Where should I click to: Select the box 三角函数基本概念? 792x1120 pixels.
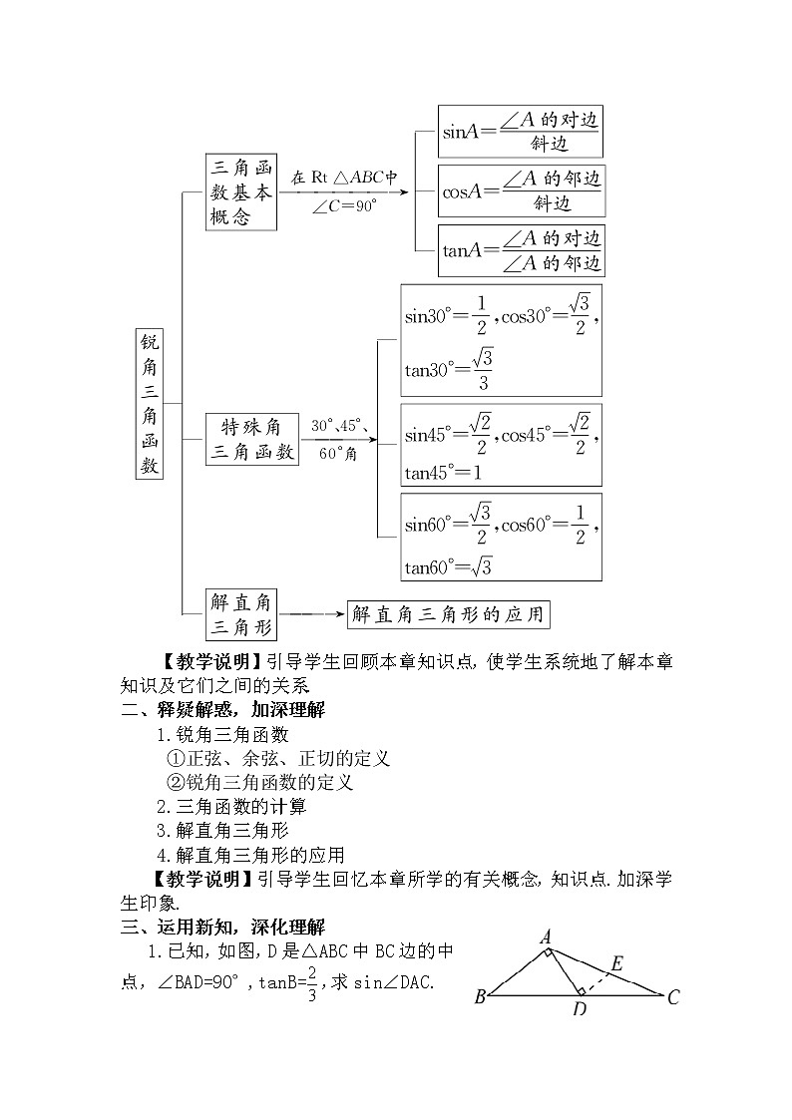tap(240, 191)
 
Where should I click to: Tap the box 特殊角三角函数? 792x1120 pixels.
tap(251, 439)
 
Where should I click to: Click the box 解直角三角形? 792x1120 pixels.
tap(240, 613)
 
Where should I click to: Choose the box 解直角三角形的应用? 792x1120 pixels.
tap(448, 613)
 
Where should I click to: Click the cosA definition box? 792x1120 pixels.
tap(522, 190)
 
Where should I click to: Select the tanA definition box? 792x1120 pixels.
tap(522, 250)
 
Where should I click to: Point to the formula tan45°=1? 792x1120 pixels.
tap(443, 472)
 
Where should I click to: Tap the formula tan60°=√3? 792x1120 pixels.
tap(448, 567)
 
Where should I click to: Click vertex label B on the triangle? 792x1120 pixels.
tap(480, 995)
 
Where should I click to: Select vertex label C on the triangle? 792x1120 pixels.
tap(673, 995)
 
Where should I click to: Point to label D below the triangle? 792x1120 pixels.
tap(579, 1010)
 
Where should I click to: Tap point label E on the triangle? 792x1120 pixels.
tap(616, 963)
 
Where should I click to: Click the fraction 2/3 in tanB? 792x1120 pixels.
tap(311, 982)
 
